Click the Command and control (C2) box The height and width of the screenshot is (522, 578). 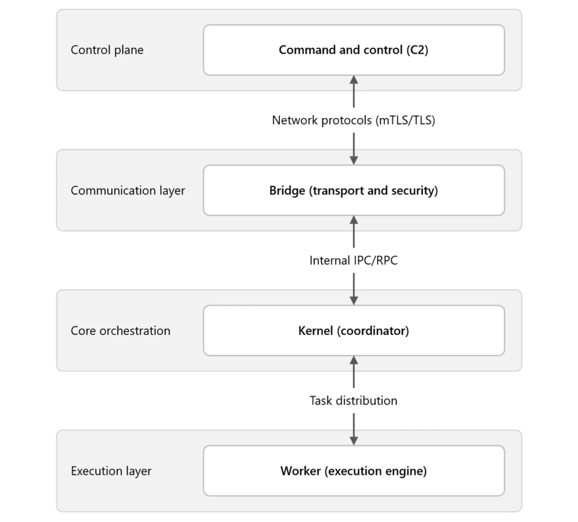tap(354, 50)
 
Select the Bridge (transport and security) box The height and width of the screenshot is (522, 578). tap(354, 190)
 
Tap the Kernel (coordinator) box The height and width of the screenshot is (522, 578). tap(354, 330)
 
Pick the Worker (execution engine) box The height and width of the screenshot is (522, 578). tap(354, 471)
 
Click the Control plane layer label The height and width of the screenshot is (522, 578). tap(107, 50)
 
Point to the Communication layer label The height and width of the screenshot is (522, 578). tap(128, 190)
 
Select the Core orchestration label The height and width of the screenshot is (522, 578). tap(121, 330)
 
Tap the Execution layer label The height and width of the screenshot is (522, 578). tap(111, 471)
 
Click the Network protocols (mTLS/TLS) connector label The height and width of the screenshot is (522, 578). tap(353, 120)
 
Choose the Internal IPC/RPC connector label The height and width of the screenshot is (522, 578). tap(353, 260)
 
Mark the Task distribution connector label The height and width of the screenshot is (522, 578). tap(353, 401)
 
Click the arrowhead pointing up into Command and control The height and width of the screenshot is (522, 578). tap(354, 80)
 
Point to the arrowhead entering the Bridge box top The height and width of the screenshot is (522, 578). tap(354, 160)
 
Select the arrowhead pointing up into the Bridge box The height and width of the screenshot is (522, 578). tap(354, 220)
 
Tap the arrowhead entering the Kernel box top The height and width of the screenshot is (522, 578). tap(354, 301)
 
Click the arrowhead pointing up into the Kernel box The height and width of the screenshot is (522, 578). tap(354, 360)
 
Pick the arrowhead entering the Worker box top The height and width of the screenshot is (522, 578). tap(354, 441)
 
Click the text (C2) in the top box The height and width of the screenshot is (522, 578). tap(417, 50)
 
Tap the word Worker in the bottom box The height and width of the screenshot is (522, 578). tap(300, 471)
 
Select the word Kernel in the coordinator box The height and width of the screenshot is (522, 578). tap(316, 330)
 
